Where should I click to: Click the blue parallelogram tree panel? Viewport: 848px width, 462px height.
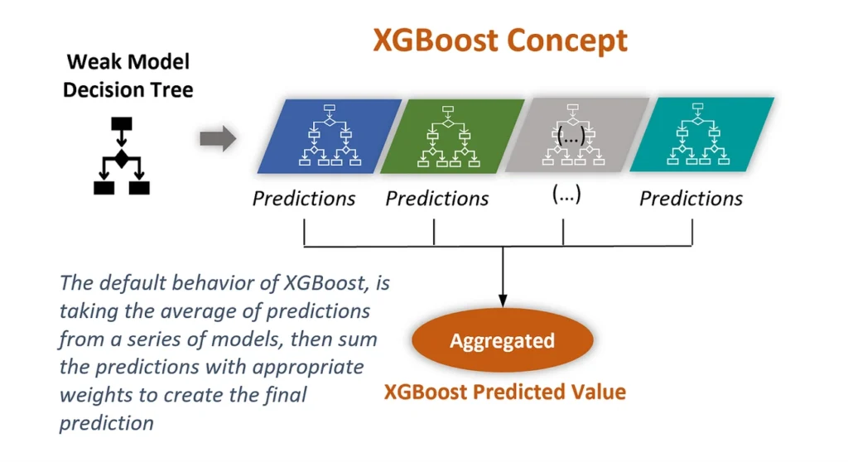click(330, 136)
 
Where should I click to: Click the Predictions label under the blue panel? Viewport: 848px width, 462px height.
click(304, 199)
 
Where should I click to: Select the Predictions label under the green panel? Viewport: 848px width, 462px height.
click(437, 199)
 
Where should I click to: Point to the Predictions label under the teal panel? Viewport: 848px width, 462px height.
click(691, 199)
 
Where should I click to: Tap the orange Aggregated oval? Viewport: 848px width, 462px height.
click(503, 341)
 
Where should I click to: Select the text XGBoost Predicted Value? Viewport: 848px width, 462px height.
click(504, 392)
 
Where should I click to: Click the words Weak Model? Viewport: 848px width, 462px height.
click(128, 62)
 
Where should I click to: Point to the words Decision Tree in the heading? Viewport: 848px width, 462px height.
click(128, 89)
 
